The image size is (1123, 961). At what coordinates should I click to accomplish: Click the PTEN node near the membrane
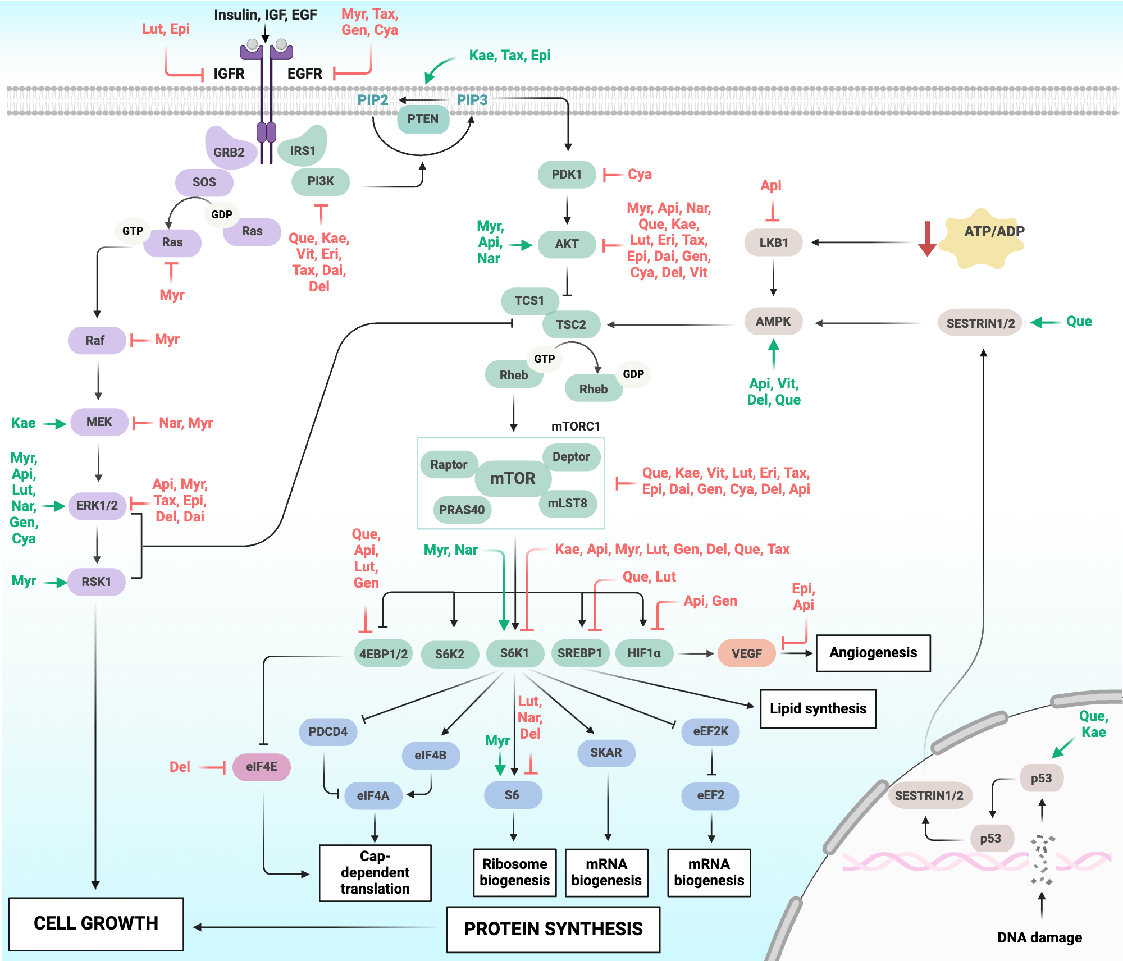point(423,119)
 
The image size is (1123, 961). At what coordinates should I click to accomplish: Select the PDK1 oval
point(567,175)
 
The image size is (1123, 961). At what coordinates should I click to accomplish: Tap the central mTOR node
point(513,478)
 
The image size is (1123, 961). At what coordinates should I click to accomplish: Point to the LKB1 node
point(773,242)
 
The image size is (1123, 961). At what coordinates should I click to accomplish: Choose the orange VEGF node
point(746,653)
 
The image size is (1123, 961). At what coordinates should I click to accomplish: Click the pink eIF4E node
point(261,767)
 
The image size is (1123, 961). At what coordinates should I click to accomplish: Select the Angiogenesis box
point(873,653)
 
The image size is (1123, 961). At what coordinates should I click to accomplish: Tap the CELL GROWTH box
point(96,923)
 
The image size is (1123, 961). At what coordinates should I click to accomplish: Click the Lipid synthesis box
point(818,708)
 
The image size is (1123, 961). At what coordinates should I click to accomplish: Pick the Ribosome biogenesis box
point(514,872)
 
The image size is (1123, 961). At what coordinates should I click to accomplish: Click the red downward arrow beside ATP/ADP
point(927,239)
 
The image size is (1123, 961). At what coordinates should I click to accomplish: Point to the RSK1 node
point(96,582)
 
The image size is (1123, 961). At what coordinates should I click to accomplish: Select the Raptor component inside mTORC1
point(449,465)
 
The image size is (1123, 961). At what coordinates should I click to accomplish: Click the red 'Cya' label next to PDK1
point(640,175)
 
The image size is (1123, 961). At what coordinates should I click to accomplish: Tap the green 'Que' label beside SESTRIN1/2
point(1079,322)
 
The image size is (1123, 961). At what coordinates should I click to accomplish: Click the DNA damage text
point(1039,937)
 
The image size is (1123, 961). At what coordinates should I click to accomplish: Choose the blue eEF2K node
point(710,731)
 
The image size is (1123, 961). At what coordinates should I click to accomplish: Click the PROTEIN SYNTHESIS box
point(553,929)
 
